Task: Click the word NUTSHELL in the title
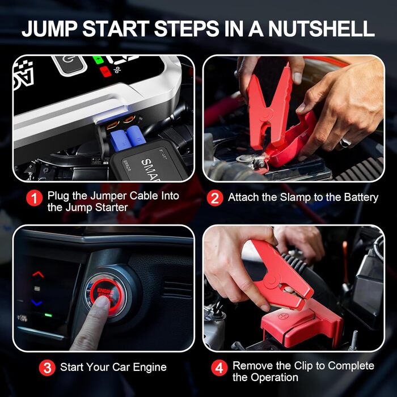[x=322, y=28]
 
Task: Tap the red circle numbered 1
[x=35, y=198]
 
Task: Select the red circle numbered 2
[x=215, y=198]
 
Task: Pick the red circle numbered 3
[x=47, y=368]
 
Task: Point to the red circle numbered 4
[x=219, y=368]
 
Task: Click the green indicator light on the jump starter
[x=98, y=60]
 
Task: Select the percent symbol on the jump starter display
[x=117, y=69]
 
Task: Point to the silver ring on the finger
[x=345, y=143]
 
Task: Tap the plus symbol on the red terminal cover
[x=282, y=316]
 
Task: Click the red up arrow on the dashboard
[x=38, y=274]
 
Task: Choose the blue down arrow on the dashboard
[x=37, y=302]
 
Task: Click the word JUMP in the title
[x=50, y=28]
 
